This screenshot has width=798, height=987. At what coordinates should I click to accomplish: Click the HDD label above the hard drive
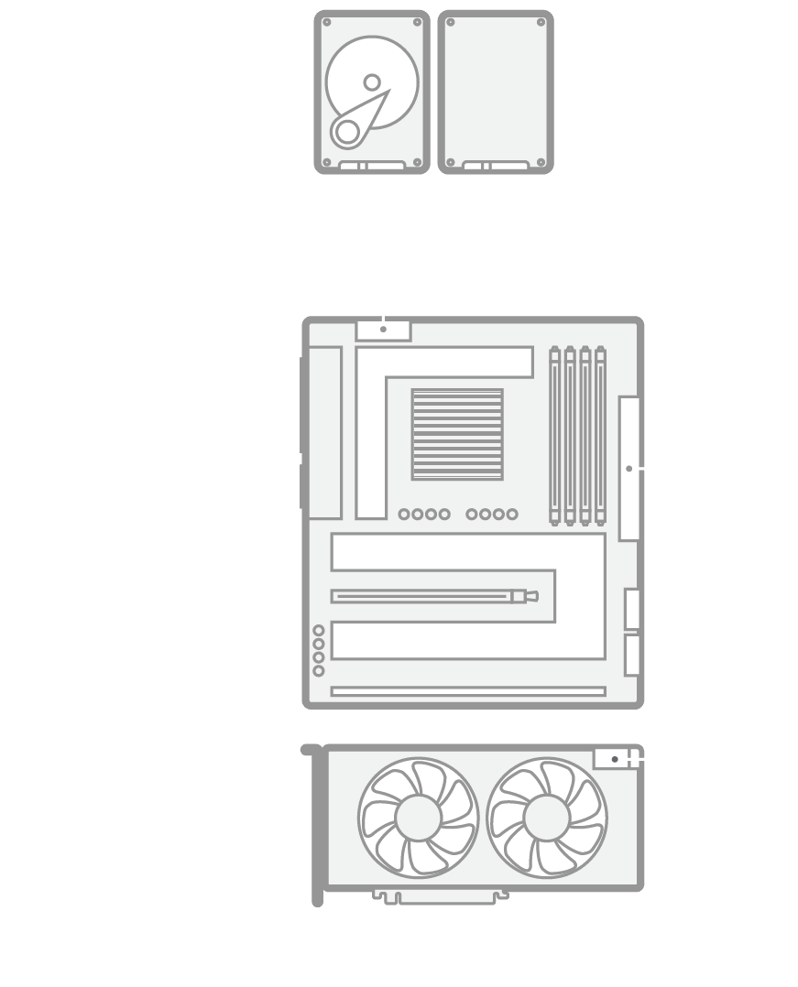(372, 5)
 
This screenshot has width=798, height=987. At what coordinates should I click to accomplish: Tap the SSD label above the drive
(496, 5)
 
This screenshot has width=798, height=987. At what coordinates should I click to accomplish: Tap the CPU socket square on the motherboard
(457, 434)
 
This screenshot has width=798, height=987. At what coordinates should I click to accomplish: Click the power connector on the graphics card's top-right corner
(613, 758)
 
